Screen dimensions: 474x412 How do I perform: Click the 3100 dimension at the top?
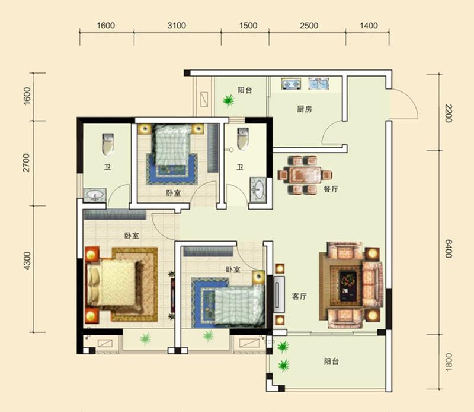[x=177, y=26]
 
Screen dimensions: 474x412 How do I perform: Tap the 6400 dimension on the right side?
[x=449, y=248]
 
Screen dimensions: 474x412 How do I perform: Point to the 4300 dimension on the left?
[x=27, y=261]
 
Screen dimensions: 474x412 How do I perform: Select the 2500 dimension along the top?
[x=309, y=26]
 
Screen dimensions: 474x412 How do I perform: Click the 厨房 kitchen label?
[x=304, y=109]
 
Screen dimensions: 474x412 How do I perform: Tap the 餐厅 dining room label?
[x=331, y=189]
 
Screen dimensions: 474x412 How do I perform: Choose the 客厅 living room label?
[x=299, y=296]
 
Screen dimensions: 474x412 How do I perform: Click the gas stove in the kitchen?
[x=291, y=84]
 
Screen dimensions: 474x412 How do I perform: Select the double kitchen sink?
[x=319, y=84]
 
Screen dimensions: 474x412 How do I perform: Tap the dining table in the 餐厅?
[x=305, y=175]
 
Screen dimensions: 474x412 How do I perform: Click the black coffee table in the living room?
[x=348, y=286]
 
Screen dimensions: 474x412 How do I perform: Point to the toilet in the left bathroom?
[x=108, y=144]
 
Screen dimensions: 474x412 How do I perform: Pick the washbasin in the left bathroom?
[x=95, y=195]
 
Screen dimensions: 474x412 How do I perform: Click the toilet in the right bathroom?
[x=243, y=140]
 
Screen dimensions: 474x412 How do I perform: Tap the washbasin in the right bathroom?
[x=258, y=189]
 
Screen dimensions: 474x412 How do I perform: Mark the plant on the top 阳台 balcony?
[x=229, y=100]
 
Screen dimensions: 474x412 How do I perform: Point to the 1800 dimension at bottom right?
[x=449, y=362]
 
